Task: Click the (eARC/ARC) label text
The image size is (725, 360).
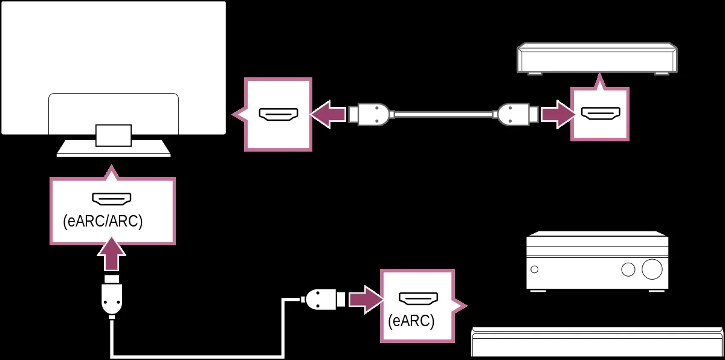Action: click(103, 222)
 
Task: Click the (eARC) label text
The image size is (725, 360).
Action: click(411, 321)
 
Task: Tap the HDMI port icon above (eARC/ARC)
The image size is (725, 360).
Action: click(112, 199)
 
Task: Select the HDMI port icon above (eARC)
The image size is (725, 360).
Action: click(418, 298)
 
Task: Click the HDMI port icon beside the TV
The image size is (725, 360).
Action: click(279, 114)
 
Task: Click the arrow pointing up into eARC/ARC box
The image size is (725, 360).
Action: click(112, 254)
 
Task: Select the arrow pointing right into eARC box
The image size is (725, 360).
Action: click(366, 300)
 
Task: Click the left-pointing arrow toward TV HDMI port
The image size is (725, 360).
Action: click(327, 114)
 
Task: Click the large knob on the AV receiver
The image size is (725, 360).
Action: click(652, 269)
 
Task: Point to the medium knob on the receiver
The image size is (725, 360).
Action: click(628, 269)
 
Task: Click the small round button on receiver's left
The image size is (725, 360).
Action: click(534, 269)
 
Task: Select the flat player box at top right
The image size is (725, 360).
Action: click(597, 59)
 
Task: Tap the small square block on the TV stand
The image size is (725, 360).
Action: click(114, 135)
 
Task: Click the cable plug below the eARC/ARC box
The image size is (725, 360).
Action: click(112, 296)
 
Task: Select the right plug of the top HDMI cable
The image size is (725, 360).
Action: click(515, 114)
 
